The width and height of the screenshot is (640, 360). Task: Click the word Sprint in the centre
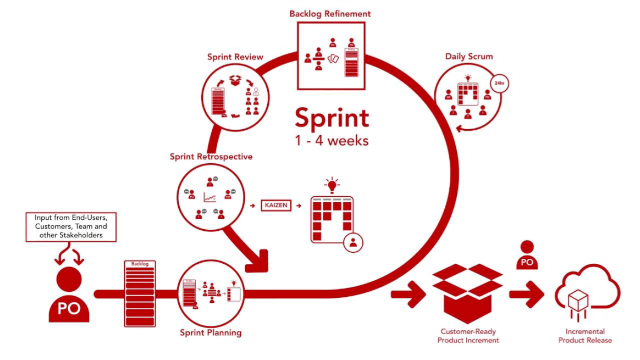331,118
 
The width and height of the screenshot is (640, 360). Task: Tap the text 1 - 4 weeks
332,141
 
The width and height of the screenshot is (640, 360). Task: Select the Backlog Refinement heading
330,14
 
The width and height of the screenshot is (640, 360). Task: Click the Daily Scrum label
468,57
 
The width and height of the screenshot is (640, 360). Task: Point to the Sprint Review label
235,57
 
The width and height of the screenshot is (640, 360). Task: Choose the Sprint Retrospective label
211,157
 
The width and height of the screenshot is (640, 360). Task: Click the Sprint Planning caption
211,333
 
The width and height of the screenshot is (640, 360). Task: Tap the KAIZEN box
276,206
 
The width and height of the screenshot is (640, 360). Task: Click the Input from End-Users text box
71,226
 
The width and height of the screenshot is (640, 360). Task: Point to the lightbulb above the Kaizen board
332,184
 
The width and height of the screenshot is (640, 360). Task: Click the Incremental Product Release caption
585,336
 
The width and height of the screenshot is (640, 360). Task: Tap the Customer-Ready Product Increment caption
468,336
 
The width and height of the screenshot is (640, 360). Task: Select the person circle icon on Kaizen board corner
352,241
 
